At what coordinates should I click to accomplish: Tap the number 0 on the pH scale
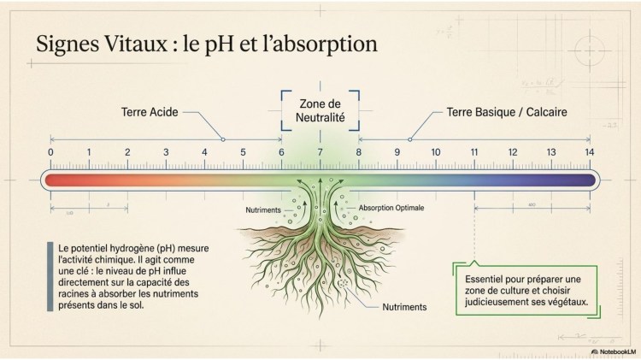pyautogui.click(x=50, y=152)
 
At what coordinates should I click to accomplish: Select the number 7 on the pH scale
pyautogui.click(x=320, y=152)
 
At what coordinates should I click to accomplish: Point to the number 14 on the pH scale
pyautogui.click(x=589, y=152)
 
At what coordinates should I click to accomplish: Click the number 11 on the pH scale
pyautogui.click(x=473, y=152)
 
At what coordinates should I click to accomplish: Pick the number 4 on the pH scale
pyautogui.click(x=204, y=152)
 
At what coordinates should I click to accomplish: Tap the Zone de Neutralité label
pyautogui.click(x=320, y=109)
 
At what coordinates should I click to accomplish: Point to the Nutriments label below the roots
pyautogui.click(x=406, y=306)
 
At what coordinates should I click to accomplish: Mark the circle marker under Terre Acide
pyautogui.click(x=223, y=139)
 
